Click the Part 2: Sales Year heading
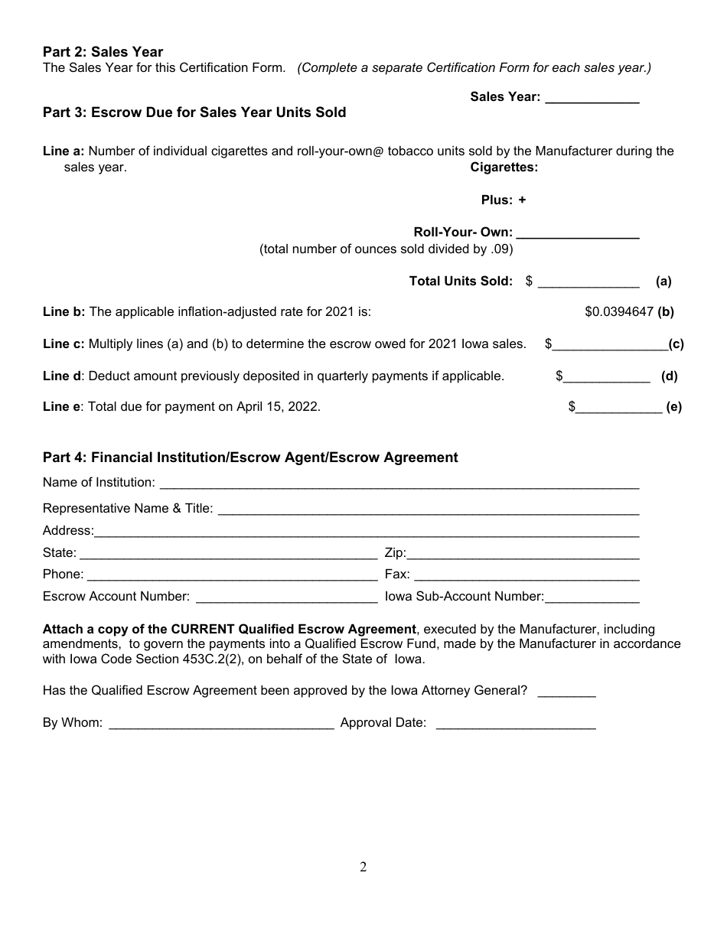103,52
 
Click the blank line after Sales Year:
592,99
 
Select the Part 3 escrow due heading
194,112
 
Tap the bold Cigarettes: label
504,168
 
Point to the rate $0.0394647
619,312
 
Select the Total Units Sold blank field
588,283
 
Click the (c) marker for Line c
676,344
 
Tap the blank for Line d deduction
607,377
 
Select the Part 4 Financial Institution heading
250,457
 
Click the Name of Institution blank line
399,484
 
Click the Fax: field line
527,576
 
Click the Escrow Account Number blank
286,597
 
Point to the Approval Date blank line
515,724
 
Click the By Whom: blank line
221,724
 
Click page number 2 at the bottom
363,867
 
